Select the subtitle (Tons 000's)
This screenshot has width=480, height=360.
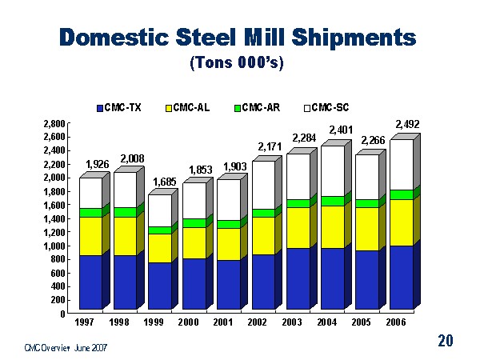click(x=239, y=62)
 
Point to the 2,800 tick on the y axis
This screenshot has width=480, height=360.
click(x=54, y=125)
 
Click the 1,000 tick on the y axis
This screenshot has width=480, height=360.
click(x=54, y=246)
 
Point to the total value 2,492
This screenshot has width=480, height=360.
click(x=407, y=124)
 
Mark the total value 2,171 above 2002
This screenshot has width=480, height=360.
click(x=270, y=147)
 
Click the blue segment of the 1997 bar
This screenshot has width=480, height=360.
click(x=90, y=282)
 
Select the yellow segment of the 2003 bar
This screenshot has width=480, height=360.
click(x=298, y=228)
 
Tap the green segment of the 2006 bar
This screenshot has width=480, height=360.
click(x=401, y=194)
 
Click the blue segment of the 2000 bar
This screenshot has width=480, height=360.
click(x=194, y=283)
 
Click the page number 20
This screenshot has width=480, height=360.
click(x=446, y=342)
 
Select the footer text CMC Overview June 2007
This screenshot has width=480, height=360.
click(x=66, y=347)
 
